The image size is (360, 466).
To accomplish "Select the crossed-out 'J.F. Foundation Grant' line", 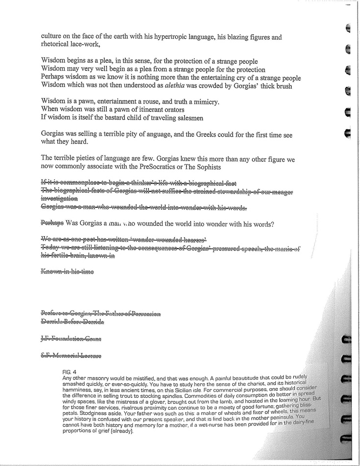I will (71, 339).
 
